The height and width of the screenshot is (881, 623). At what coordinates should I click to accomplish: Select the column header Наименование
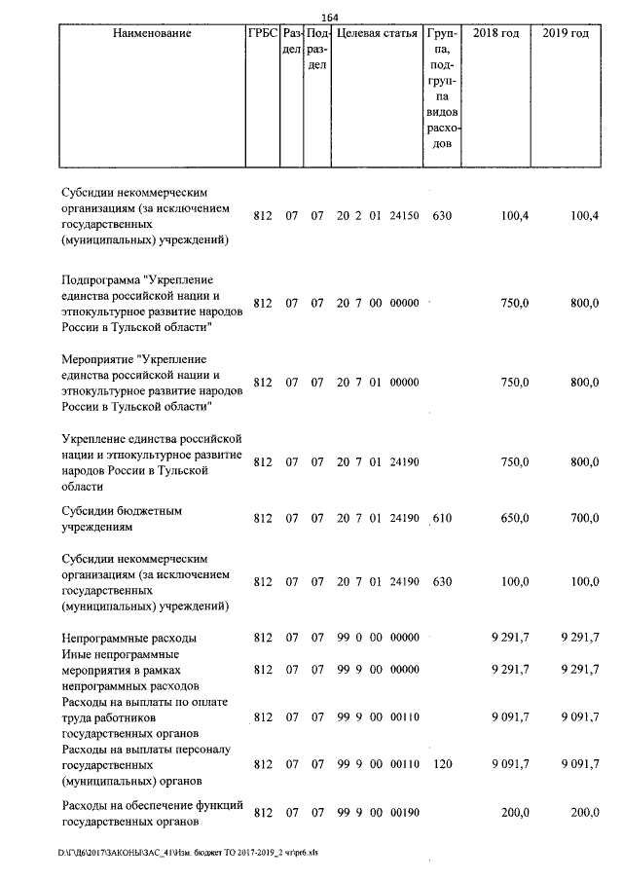pyautogui.click(x=151, y=33)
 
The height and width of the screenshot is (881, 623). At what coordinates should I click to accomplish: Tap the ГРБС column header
pyautogui.click(x=262, y=33)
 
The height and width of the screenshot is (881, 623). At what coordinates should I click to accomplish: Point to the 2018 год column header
pyautogui.click(x=495, y=33)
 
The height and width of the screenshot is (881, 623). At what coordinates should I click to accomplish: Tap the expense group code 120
pyautogui.click(x=442, y=765)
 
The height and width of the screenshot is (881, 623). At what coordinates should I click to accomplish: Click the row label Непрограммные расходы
pyautogui.click(x=128, y=638)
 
